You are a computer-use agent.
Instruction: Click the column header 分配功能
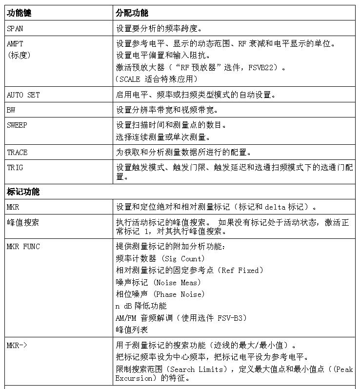(132, 12)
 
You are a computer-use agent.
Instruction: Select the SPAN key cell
(15, 28)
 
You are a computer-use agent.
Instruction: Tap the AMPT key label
(15, 43)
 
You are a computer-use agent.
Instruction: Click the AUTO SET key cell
(23, 95)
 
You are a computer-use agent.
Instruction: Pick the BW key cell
(11, 110)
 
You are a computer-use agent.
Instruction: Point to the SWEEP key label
(17, 125)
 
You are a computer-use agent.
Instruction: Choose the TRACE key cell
(17, 153)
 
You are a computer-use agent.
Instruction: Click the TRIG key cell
(15, 168)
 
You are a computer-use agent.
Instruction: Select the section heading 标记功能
(23, 192)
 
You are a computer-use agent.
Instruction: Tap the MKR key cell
(13, 207)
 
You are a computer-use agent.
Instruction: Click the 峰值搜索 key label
(23, 222)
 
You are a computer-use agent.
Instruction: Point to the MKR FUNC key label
(23, 247)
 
